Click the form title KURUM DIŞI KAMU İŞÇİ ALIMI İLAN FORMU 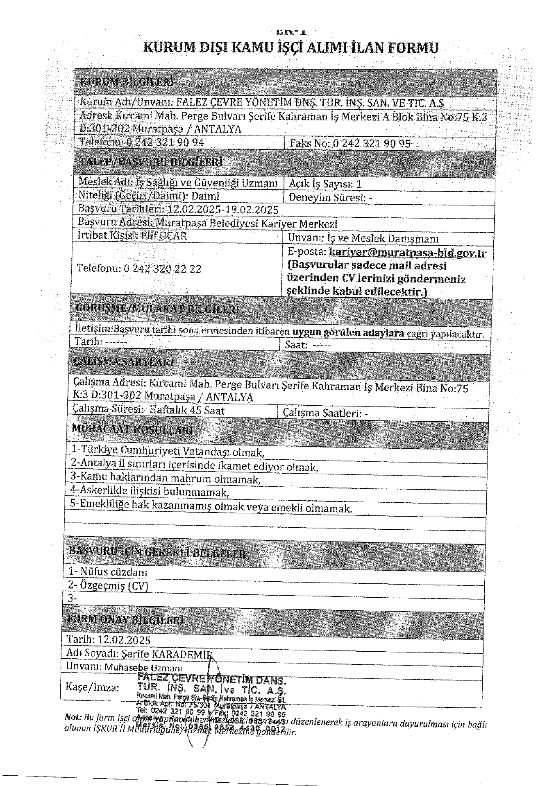tap(290, 48)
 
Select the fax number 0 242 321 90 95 tap(372, 143)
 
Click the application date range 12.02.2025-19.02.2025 tap(223, 210)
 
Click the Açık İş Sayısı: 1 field tap(325, 184)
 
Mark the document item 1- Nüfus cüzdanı tap(108, 571)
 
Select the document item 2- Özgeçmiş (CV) tap(108, 586)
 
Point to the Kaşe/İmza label tap(93, 687)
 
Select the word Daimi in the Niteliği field tap(205, 196)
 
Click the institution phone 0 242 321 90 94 tap(165, 142)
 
